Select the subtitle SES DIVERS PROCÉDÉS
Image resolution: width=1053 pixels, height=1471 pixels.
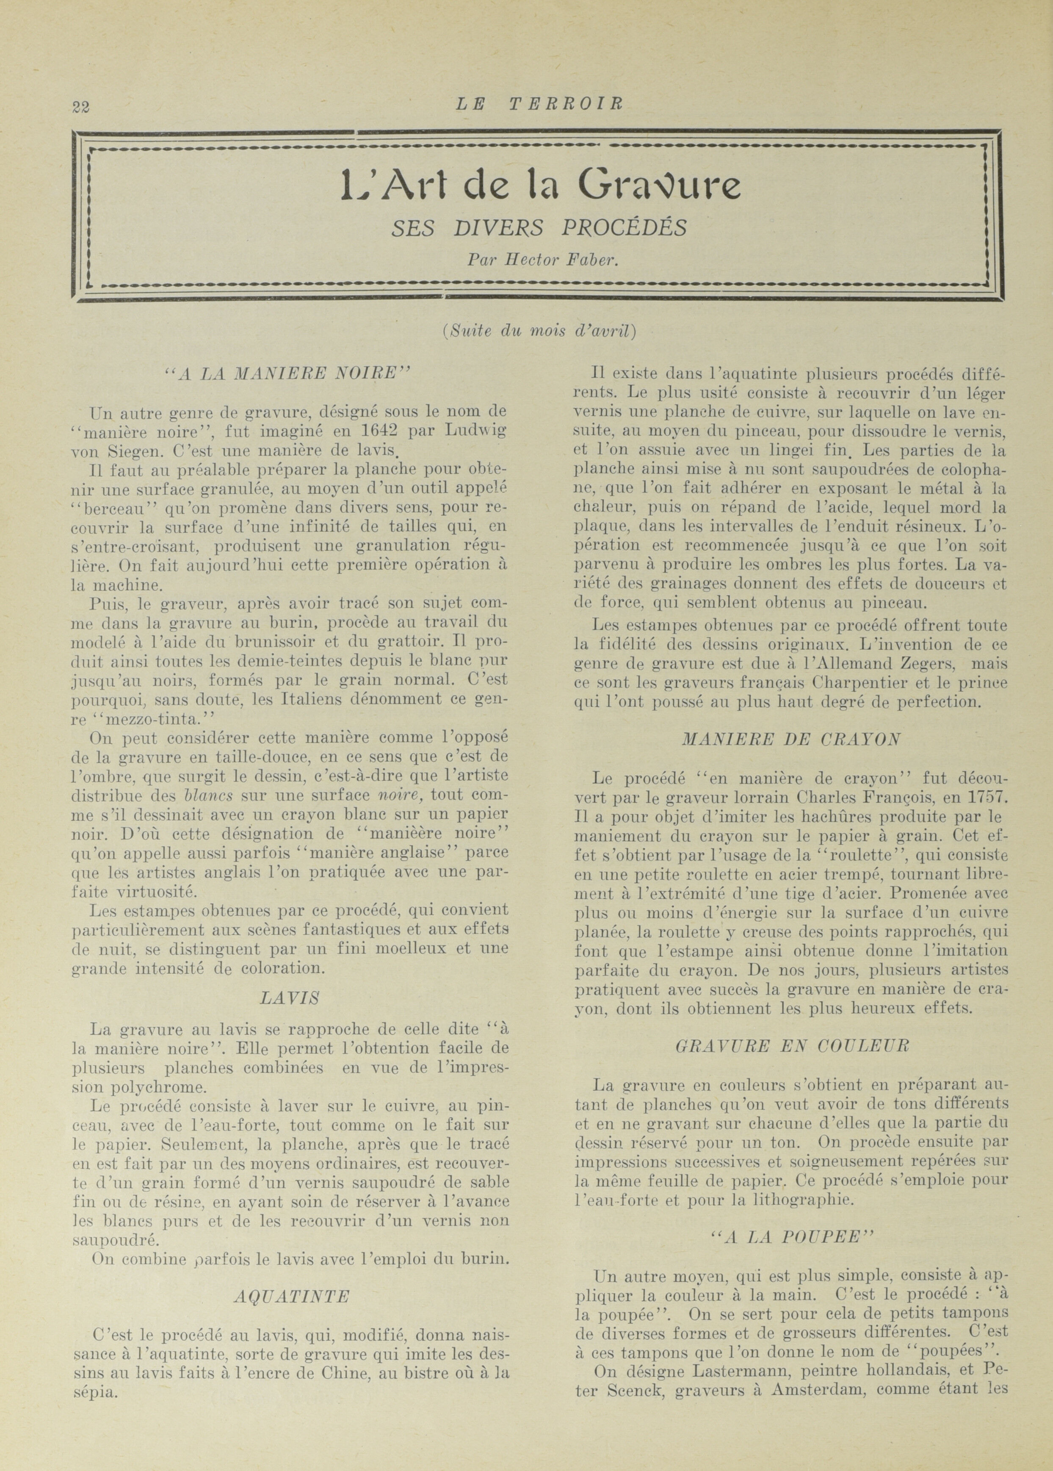539,227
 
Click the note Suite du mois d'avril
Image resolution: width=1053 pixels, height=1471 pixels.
539,331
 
